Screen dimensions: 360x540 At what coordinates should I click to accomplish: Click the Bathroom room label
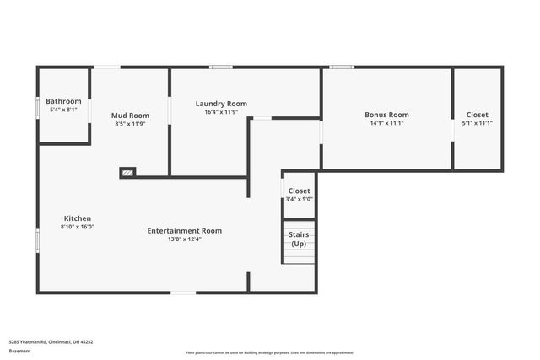point(63,101)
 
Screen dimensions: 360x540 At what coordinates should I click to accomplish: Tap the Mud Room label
point(130,116)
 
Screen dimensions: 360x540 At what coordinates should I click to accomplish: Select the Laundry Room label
point(221,104)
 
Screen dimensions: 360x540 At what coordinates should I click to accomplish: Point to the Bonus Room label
point(386,115)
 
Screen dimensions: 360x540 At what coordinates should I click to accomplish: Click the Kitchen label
point(77,218)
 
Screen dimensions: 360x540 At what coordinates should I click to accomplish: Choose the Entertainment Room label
point(185,230)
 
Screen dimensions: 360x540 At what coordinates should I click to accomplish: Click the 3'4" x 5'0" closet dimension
point(300,200)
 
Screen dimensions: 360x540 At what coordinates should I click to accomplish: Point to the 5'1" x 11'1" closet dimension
point(477,123)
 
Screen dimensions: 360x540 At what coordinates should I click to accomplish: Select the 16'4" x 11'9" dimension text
point(221,112)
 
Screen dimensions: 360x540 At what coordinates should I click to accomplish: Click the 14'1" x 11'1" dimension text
point(386,123)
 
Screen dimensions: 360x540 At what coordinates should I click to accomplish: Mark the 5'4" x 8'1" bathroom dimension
point(63,110)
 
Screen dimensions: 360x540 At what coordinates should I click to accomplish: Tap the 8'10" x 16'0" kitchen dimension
point(77,227)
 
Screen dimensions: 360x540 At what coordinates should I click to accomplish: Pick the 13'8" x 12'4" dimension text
point(185,239)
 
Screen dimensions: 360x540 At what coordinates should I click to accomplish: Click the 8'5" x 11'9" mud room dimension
point(130,124)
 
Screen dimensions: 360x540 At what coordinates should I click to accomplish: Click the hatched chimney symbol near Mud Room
point(127,173)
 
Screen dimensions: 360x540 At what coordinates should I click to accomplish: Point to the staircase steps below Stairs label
point(299,256)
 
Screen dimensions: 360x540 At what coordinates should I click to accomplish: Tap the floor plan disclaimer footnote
point(269,352)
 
